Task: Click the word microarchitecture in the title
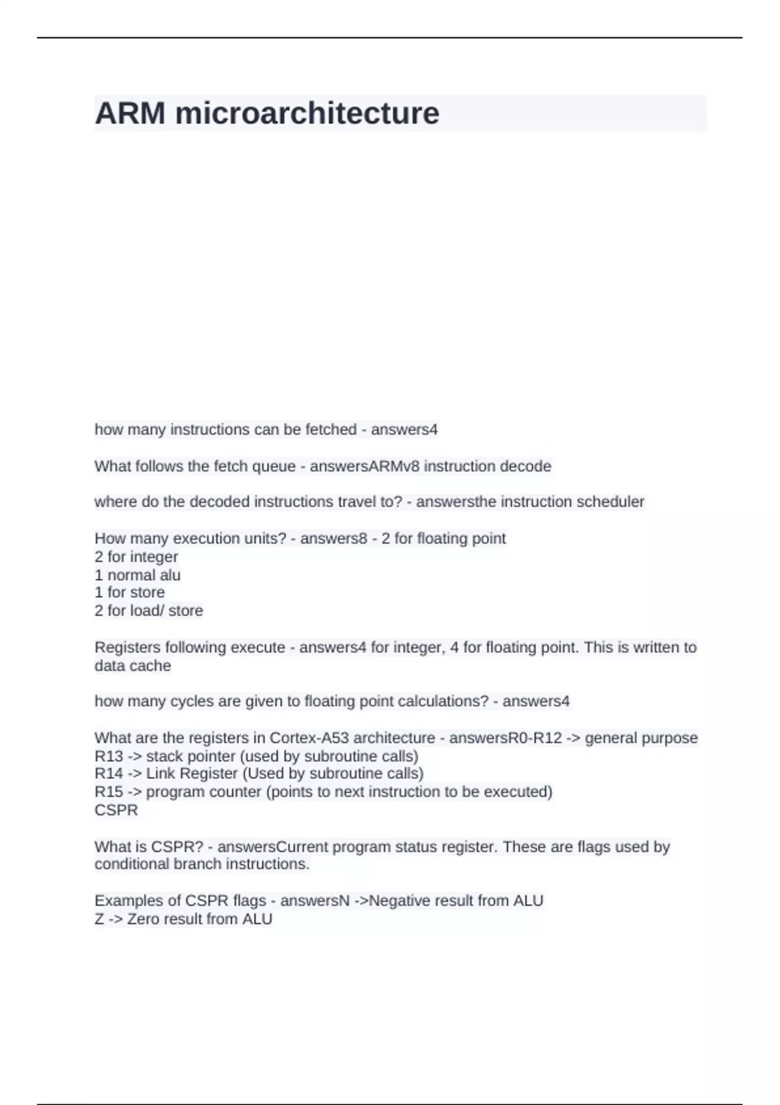tap(307, 113)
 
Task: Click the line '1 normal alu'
tap(138, 575)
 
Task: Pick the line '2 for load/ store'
tap(149, 610)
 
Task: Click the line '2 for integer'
tap(136, 557)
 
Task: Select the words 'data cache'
tap(133, 666)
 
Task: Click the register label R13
tap(109, 756)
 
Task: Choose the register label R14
tap(109, 773)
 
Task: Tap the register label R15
tap(109, 792)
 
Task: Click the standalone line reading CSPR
tap(116, 810)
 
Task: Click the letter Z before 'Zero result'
tap(99, 919)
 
